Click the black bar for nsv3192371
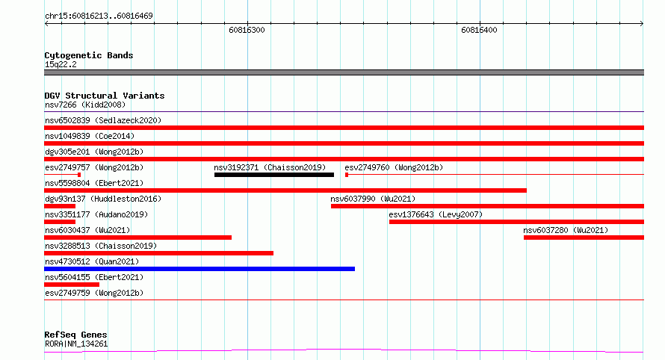274,175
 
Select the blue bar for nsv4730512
199,269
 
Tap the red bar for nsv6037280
584,238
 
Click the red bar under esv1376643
516,222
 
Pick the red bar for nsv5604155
72,285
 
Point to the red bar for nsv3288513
158,253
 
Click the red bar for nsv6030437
137,238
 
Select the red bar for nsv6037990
487,206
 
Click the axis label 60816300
247,30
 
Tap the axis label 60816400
479,30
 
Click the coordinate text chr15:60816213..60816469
99,16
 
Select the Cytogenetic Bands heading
89,55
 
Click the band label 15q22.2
61,64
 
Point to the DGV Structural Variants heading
105,96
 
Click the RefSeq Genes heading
75,335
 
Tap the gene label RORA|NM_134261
76,344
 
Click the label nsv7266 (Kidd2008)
85,105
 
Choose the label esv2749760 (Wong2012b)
394,167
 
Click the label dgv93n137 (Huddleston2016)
103,199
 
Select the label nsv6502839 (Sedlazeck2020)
103,120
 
